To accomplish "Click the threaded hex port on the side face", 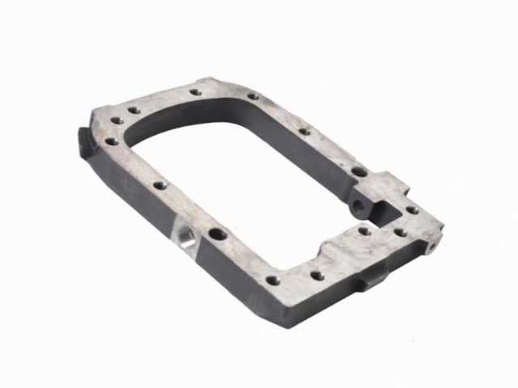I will click(x=185, y=238).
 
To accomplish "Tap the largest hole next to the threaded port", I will click(x=218, y=236).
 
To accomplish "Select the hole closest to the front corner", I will click(x=273, y=280).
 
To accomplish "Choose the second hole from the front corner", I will click(x=317, y=276).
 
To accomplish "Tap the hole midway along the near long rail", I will click(x=160, y=185).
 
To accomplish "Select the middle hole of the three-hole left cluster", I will click(x=117, y=120).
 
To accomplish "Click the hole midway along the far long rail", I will click(x=304, y=130).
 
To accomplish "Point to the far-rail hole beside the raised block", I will click(x=357, y=171).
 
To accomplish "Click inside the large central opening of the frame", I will click(x=243, y=178).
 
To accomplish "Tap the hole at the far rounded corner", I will click(x=253, y=96).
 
